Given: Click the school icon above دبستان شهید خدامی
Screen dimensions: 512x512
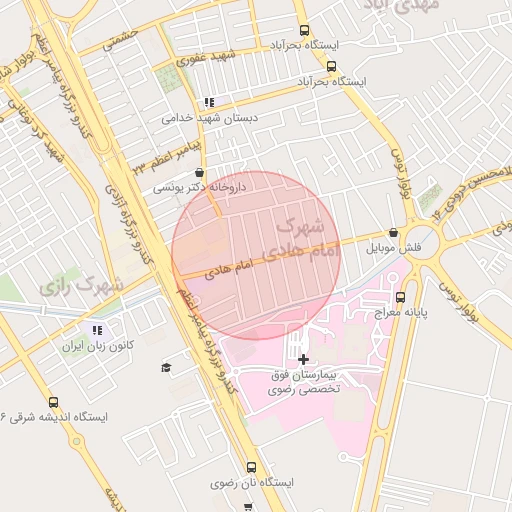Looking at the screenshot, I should (x=209, y=102).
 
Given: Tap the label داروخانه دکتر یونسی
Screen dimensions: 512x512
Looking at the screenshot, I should (x=200, y=187).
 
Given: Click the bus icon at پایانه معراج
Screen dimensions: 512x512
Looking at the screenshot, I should (x=401, y=297).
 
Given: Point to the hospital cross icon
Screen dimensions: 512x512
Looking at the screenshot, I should (x=303, y=358).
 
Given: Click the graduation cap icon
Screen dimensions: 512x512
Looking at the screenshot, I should (x=166, y=367).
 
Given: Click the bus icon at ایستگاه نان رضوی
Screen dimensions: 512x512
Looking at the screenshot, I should (x=250, y=467).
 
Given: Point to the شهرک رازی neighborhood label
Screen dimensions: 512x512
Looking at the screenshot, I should (x=82, y=286).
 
